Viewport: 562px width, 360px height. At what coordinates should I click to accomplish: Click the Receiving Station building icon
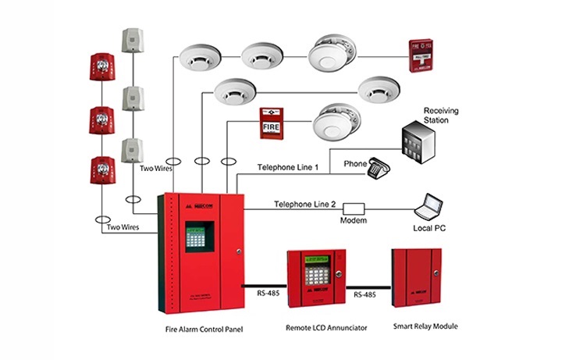[x=418, y=143]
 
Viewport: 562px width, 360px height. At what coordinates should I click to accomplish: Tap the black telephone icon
[x=379, y=166]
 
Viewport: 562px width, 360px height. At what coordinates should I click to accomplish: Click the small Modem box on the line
[x=354, y=209]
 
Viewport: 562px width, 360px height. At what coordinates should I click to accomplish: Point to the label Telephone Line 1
[x=288, y=168]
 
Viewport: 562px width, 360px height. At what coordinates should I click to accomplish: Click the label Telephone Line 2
[x=304, y=204]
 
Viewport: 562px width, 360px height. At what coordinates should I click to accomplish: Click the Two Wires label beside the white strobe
[x=156, y=168]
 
